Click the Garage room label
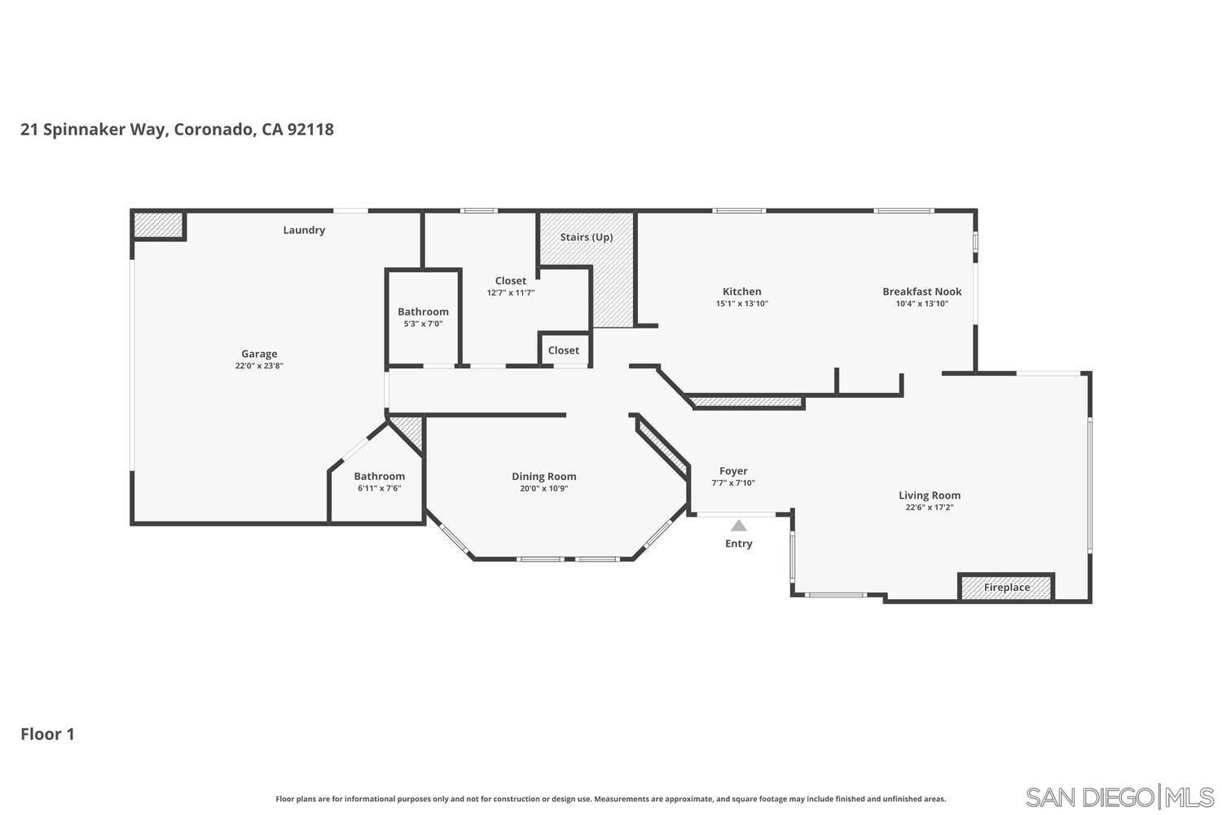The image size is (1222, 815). tap(259, 354)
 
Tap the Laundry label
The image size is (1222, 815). tap(304, 230)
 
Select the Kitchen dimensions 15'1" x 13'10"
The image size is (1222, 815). tap(741, 304)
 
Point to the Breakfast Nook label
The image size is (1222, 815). tap(921, 291)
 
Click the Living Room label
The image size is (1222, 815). tap(929, 495)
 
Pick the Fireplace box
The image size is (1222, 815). tap(1006, 587)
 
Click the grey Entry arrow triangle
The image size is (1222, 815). tap(738, 526)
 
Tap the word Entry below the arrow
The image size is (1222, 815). tap(738, 544)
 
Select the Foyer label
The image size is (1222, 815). tap(733, 470)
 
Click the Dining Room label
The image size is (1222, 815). tap(543, 476)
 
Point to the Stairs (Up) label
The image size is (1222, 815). tap(586, 237)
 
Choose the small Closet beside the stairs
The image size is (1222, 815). tap(564, 350)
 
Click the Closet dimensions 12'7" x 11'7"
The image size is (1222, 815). tap(511, 293)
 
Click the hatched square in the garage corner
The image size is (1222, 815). tap(158, 225)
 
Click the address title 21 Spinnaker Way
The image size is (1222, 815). tap(177, 130)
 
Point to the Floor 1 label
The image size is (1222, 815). tap(47, 734)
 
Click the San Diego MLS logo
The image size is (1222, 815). tap(1119, 796)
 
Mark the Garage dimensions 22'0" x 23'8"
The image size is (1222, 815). tap(259, 366)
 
